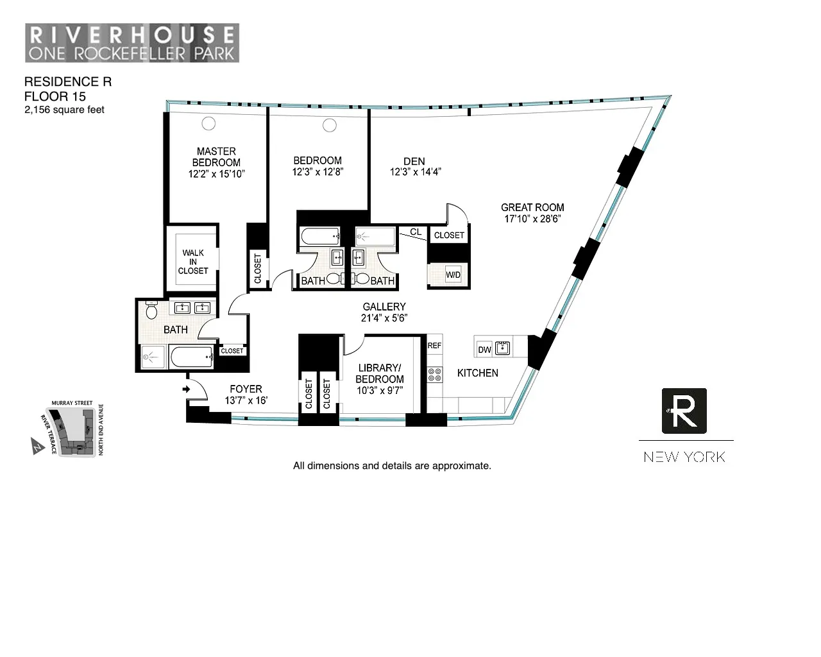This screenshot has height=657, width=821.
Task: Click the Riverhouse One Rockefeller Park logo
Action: click(x=132, y=43)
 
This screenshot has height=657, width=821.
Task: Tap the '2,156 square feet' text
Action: click(x=64, y=110)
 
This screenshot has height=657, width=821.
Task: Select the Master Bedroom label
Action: click(x=216, y=157)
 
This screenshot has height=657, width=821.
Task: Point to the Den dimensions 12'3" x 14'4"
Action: click(x=415, y=172)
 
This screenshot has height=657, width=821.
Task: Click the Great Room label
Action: click(x=532, y=207)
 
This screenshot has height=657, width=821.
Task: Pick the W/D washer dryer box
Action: click(x=453, y=275)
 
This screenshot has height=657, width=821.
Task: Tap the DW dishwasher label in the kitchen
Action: click(x=485, y=350)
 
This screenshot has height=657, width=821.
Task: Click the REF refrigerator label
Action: click(x=434, y=346)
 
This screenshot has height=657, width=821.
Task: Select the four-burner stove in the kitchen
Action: click(x=435, y=374)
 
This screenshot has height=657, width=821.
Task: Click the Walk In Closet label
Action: click(x=193, y=262)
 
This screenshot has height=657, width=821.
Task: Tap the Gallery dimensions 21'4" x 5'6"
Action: click(x=384, y=318)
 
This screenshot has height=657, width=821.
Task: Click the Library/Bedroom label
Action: click(x=379, y=373)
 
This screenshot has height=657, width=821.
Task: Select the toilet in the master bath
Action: click(x=152, y=311)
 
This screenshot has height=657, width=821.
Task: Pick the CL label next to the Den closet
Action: click(x=416, y=232)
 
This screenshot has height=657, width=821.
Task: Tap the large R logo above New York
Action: click(x=684, y=411)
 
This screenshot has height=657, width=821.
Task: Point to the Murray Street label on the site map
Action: click(x=72, y=404)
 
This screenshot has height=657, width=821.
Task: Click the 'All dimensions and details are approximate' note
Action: click(x=392, y=466)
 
